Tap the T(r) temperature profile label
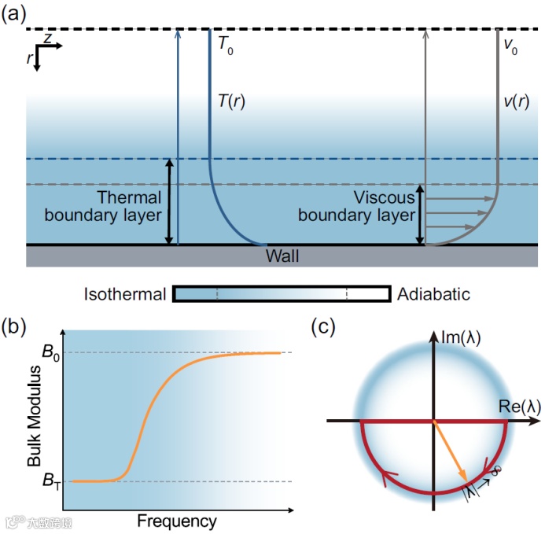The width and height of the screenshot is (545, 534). (x=231, y=101)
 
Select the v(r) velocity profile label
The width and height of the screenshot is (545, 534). (x=516, y=101)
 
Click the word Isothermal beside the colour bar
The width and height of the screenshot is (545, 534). (x=125, y=295)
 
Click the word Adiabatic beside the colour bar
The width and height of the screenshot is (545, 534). (x=433, y=295)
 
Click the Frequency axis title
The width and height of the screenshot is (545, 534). (x=176, y=521)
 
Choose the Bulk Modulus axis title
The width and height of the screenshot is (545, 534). (x=34, y=417)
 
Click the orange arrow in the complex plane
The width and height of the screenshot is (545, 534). (x=451, y=451)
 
